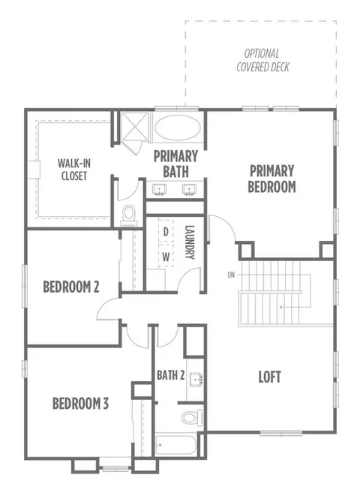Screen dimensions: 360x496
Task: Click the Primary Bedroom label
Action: (271, 179)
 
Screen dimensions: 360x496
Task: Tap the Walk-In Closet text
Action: (74, 170)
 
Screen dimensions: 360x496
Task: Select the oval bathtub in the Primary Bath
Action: (178, 128)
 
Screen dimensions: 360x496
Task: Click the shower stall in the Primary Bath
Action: (135, 126)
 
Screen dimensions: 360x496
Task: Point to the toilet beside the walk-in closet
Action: (129, 215)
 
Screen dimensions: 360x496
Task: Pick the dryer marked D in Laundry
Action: (166, 232)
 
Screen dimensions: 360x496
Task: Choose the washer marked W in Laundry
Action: (166, 256)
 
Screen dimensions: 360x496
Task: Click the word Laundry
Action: (189, 242)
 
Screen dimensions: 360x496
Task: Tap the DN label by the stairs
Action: (231, 275)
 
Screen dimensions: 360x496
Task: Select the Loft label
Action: (269, 377)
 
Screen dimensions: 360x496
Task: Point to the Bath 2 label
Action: (171, 375)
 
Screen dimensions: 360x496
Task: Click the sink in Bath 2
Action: (196, 379)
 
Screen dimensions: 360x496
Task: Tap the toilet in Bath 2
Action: (192, 417)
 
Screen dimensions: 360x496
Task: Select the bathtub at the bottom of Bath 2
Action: (175, 446)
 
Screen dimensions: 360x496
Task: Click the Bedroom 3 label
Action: (80, 404)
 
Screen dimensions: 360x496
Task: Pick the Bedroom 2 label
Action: (71, 287)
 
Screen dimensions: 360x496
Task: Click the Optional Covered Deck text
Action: (262, 60)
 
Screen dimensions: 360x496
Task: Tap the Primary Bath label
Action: (175, 164)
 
